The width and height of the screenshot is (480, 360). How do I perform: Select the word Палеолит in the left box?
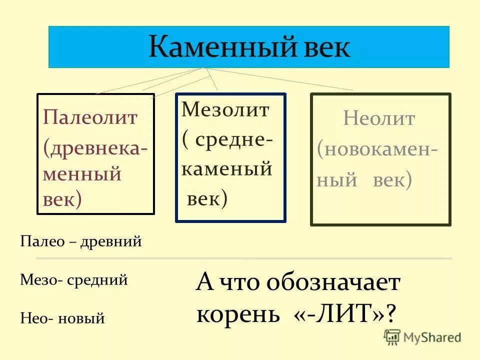click(x=89, y=118)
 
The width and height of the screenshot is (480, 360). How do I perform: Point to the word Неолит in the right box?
click(x=379, y=119)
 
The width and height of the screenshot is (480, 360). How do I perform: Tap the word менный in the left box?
click(x=82, y=174)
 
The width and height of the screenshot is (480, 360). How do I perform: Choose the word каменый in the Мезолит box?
click(x=226, y=170)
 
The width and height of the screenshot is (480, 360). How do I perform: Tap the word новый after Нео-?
click(x=81, y=317)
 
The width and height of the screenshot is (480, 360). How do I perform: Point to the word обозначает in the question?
click(x=333, y=283)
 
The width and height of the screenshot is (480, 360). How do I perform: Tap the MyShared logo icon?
click(x=392, y=337)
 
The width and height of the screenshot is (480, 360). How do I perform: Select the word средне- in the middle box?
click(x=233, y=140)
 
